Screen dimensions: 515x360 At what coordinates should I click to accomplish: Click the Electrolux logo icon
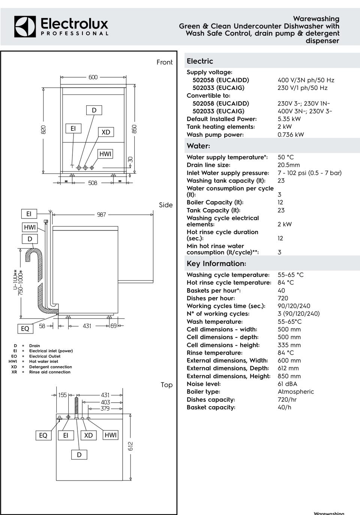(25, 27)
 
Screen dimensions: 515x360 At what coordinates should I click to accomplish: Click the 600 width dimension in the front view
(93, 77)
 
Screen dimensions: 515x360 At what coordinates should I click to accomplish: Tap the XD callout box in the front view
(106, 132)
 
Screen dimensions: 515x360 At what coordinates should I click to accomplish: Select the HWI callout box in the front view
(105, 154)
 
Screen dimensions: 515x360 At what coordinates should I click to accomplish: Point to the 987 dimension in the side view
(101, 214)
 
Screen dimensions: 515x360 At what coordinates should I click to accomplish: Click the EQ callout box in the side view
(25, 328)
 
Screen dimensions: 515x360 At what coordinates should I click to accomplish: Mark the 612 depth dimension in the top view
(130, 446)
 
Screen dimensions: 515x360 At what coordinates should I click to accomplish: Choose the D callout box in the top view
(79, 455)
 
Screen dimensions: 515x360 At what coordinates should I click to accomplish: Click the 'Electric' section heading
(200, 61)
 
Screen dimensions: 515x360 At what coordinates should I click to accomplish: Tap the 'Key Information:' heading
(216, 263)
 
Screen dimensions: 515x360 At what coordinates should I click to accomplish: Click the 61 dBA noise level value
(287, 384)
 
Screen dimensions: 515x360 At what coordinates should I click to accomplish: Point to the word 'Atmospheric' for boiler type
(295, 392)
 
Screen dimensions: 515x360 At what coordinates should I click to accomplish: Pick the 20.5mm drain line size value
(289, 165)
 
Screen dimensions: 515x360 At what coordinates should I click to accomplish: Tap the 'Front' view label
(165, 62)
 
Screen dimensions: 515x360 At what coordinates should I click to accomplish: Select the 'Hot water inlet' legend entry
(43, 362)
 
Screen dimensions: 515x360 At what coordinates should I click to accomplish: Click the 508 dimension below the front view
(93, 183)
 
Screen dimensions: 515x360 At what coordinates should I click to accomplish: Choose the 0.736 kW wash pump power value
(291, 135)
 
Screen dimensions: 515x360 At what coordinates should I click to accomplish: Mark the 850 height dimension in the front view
(134, 129)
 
